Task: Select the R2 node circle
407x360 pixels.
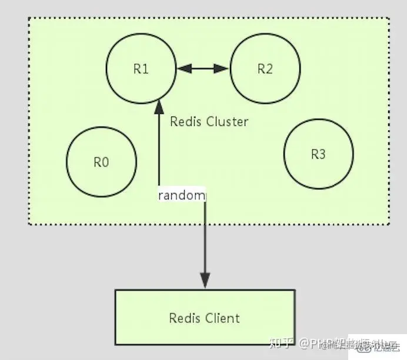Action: pos(265,69)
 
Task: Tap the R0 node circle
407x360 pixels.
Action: pos(101,162)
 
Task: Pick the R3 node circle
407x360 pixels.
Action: pos(318,154)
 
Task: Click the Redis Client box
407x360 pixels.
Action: pos(205,318)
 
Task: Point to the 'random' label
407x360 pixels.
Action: pos(182,195)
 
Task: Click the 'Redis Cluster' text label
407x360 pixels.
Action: pos(209,122)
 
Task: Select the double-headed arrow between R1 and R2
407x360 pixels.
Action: pos(203,69)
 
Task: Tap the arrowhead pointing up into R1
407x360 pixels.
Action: pos(158,108)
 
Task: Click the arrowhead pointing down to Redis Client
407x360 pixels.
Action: pos(205,281)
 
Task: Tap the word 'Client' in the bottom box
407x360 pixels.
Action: pos(222,318)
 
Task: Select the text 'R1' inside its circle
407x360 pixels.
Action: pos(141,69)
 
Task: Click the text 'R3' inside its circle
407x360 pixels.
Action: pos(318,154)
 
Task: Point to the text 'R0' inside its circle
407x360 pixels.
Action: pos(101,162)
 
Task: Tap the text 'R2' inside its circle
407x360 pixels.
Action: pos(265,69)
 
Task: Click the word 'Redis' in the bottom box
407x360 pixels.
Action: pos(185,318)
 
